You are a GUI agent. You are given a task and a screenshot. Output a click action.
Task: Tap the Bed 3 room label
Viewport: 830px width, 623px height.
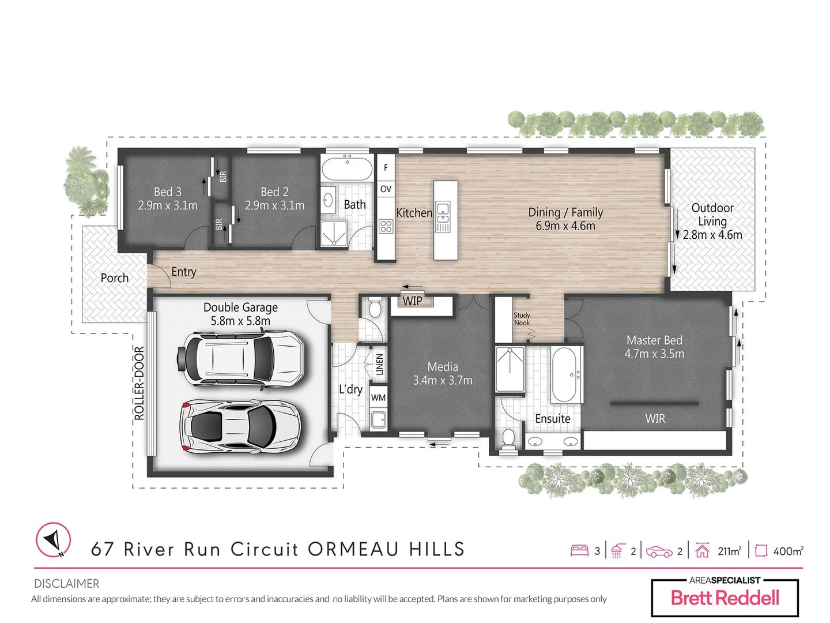pos(167,192)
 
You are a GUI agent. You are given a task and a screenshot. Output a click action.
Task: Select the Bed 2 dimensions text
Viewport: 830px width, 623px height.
pos(274,205)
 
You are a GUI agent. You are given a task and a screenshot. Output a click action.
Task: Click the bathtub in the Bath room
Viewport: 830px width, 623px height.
pos(348,169)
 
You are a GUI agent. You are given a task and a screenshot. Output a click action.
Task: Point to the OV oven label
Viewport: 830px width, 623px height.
pos(386,189)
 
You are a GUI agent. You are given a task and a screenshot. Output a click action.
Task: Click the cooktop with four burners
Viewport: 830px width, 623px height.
pos(386,226)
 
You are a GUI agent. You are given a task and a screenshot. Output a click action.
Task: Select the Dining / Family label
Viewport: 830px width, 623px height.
pos(565,212)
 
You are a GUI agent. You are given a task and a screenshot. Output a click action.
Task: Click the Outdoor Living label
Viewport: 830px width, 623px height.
pos(712,215)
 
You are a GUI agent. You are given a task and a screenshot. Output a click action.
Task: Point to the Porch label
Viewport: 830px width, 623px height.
pos(115,278)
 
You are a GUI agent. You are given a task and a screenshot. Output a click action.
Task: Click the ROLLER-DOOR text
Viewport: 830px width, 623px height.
pos(139,383)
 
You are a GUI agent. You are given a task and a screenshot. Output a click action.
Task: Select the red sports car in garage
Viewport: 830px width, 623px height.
pos(240,427)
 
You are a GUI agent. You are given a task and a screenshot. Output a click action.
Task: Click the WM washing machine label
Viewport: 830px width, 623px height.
pos(378,397)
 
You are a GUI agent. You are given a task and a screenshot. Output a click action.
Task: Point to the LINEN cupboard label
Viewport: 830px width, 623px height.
pos(379,365)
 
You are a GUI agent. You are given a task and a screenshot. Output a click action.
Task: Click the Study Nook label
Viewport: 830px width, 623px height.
pos(522,319)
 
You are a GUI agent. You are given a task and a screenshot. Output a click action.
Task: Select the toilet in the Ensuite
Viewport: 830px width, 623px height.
pos(508,438)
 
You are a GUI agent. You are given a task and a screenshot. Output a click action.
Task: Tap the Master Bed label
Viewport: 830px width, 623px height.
pos(654,340)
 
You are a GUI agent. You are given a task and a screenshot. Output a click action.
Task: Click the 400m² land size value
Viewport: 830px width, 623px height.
pos(788,551)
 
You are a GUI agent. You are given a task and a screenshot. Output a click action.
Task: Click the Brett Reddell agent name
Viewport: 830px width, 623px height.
pos(725,598)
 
